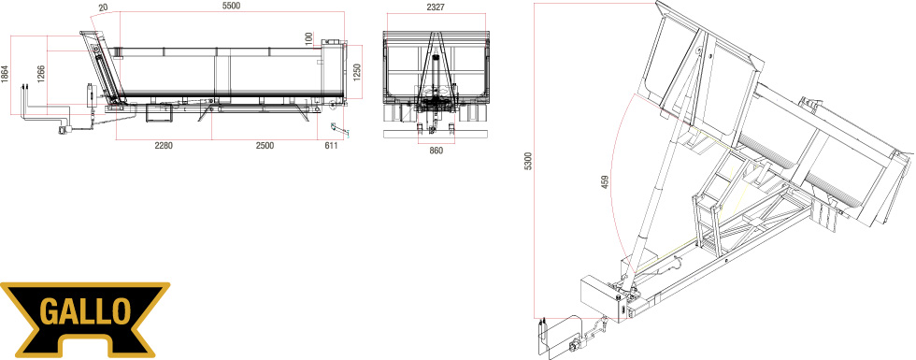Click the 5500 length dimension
point(232,6)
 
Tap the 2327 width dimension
point(436,8)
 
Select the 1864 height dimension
point(5,74)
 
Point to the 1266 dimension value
point(41,74)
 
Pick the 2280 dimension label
point(164,146)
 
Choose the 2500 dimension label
point(265,146)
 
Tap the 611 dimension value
point(331,146)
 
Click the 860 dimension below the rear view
point(436,151)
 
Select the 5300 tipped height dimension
point(529,161)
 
